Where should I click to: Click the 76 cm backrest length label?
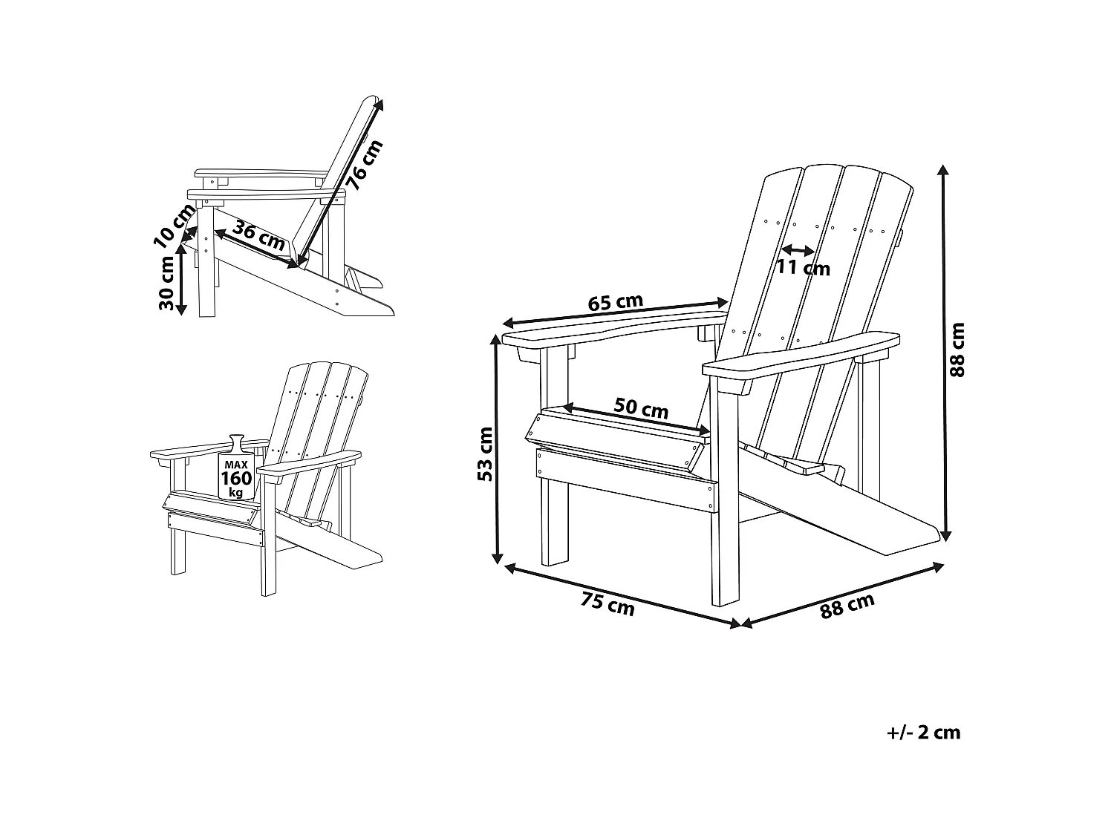(365, 166)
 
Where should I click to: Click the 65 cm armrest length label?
(615, 303)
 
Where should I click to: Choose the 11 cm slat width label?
(804, 267)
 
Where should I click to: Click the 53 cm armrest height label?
(485, 454)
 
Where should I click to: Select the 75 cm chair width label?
(608, 604)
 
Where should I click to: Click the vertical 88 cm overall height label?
(958, 350)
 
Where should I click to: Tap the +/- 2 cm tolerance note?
(924, 733)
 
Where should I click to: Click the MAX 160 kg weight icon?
(236, 471)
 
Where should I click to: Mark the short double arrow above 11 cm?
(798, 250)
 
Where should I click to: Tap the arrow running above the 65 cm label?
(615, 312)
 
